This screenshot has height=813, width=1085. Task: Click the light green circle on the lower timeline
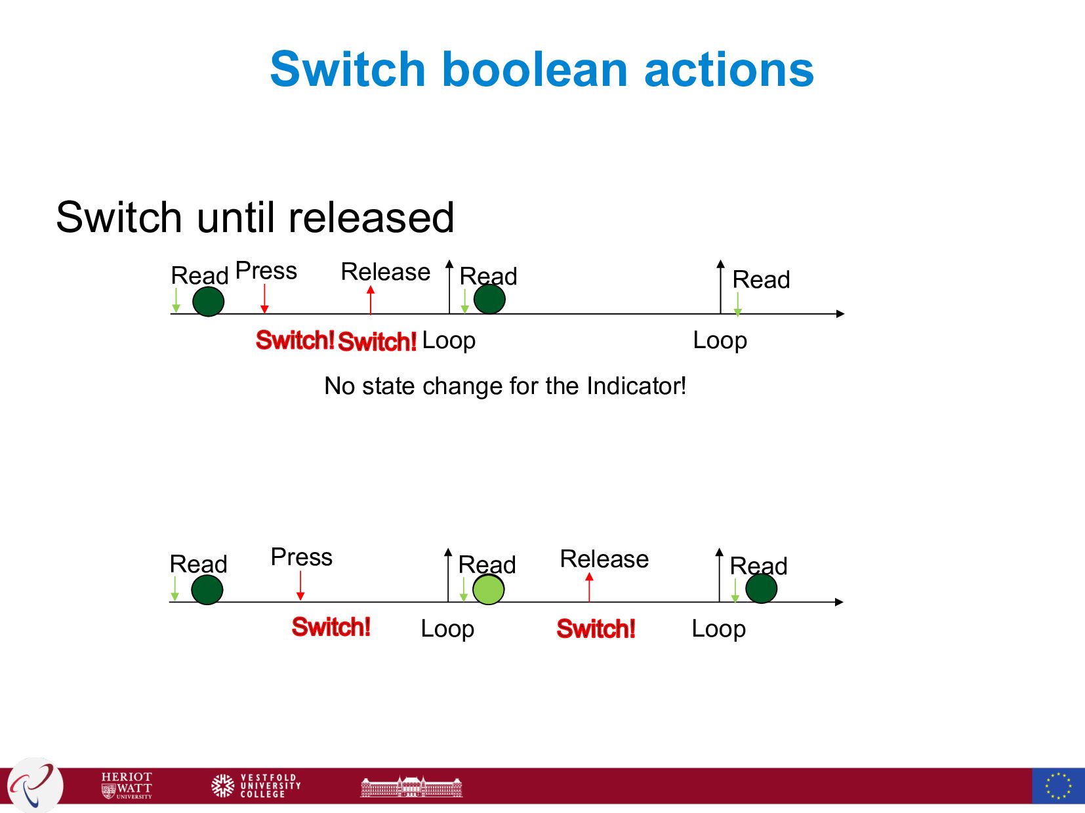click(488, 589)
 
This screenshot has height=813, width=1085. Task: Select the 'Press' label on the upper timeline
click(266, 271)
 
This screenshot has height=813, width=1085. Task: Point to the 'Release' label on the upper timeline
click(385, 272)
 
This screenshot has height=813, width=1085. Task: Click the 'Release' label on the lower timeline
click(604, 559)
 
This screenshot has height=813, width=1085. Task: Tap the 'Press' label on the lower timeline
click(301, 557)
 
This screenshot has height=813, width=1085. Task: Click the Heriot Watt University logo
click(127, 785)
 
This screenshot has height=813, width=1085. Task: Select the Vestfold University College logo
click(256, 785)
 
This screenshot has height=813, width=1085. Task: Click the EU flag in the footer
click(1057, 785)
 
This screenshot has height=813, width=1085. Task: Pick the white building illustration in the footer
click(411, 786)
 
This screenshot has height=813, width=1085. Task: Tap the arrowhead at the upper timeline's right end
click(840, 314)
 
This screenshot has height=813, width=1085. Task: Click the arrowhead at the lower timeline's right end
click(839, 602)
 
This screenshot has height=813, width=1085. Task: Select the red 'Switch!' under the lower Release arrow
click(596, 629)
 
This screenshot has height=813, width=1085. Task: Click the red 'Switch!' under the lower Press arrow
click(331, 627)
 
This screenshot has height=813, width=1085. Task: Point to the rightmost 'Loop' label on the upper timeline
click(720, 341)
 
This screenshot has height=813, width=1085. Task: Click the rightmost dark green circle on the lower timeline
click(761, 588)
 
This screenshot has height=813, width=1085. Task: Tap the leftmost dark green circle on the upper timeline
click(208, 302)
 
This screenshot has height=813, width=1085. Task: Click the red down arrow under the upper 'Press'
click(264, 299)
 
